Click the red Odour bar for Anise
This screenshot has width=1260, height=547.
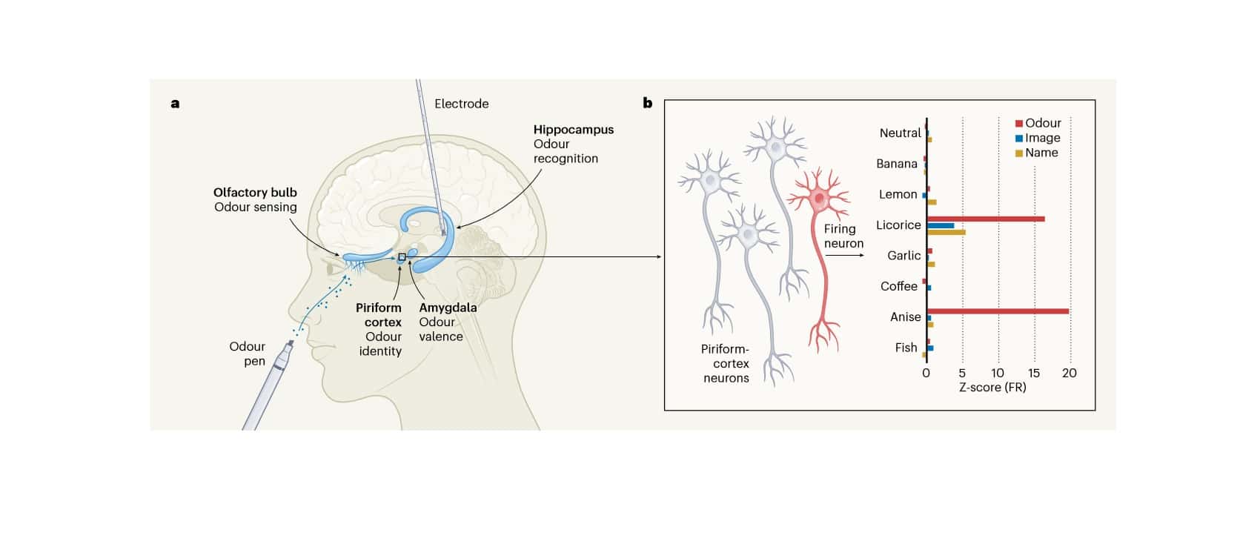(x=997, y=311)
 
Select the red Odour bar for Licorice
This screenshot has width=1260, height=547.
(x=986, y=219)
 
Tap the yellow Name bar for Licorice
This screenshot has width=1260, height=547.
(x=946, y=232)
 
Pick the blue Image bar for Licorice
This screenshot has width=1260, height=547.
(x=940, y=225)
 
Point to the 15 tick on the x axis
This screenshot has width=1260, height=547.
(x=1034, y=373)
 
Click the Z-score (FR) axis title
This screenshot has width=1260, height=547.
(x=992, y=387)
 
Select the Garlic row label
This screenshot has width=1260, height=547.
(x=903, y=255)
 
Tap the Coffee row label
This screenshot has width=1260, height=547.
(x=898, y=286)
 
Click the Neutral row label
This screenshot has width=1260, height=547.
(x=900, y=133)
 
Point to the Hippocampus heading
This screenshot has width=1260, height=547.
(x=573, y=130)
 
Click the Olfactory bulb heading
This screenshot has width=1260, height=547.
(x=255, y=193)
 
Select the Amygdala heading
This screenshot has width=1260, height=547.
(x=448, y=308)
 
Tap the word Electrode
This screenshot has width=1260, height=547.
(x=461, y=104)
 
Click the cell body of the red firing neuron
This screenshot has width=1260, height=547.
(x=819, y=198)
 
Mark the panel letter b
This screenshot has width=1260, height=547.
(x=647, y=103)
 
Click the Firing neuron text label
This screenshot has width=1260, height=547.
(x=843, y=236)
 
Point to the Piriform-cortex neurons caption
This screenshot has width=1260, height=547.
(x=726, y=363)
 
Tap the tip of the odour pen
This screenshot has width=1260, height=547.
(x=290, y=343)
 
